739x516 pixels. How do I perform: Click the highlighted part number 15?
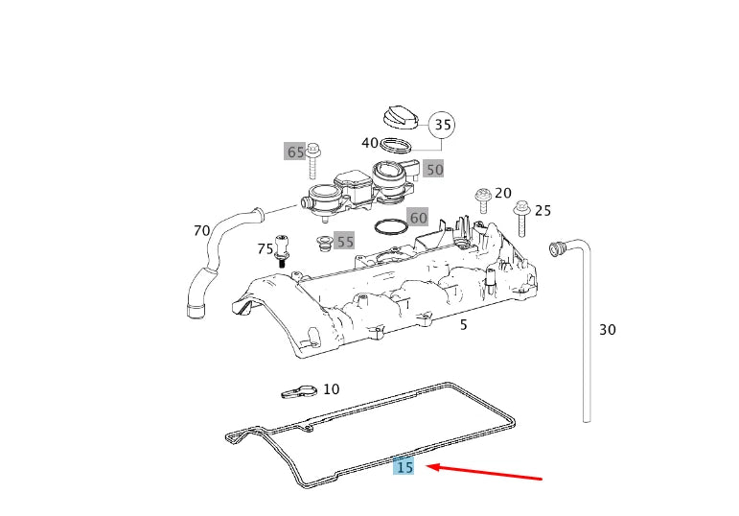pos(404,467)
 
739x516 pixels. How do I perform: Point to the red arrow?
pos(484,472)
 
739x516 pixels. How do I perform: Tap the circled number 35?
pos(442,124)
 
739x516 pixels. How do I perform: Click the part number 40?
pos(370,143)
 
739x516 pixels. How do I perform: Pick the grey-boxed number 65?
pos(295,152)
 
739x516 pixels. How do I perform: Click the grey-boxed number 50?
pos(434,170)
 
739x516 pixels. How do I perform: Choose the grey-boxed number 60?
pos(418,218)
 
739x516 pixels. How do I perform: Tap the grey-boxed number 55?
pos(345,242)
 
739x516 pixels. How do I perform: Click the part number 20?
pos(503,193)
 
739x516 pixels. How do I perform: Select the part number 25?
pos(543,210)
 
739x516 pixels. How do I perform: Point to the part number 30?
pos(607,329)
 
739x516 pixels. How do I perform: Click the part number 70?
pos(201,230)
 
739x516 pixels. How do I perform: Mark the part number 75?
pos(266,249)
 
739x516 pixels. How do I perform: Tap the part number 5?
pos(463,325)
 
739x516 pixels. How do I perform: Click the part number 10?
pos(331,389)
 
